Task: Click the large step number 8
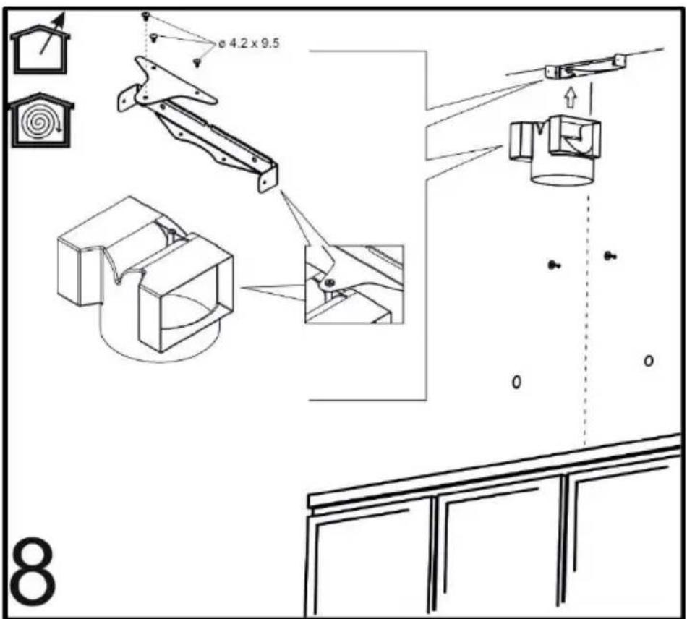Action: [33, 571]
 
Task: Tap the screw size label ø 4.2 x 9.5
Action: [249, 43]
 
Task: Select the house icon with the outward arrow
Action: [40, 44]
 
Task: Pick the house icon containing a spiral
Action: [42, 120]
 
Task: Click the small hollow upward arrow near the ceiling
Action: [570, 97]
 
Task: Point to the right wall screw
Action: [610, 255]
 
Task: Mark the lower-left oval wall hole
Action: [517, 382]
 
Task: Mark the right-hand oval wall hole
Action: [649, 361]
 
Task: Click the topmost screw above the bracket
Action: [146, 16]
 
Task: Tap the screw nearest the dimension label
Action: [197, 63]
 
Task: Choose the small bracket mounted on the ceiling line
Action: [585, 67]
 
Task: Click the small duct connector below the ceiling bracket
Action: [554, 149]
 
